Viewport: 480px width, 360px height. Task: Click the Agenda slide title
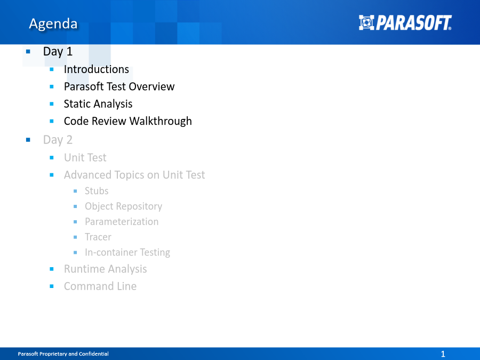53,24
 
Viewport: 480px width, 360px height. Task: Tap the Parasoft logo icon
366,22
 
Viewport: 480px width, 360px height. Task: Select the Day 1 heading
58,51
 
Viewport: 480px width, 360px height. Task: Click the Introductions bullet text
97,69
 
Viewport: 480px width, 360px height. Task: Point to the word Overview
151,86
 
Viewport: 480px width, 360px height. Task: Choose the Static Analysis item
98,104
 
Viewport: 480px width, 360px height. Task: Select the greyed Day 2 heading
58,140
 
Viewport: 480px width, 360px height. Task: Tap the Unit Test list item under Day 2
85,158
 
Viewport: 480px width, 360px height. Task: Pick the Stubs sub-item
97,191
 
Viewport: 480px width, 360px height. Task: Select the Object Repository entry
123,206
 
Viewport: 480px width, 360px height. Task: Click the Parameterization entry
122,222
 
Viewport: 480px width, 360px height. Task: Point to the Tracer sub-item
98,237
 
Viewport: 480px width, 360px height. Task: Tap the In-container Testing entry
127,253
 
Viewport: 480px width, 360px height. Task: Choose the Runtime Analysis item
105,269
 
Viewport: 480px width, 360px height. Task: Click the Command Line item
100,286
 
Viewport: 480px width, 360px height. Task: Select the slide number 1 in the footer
443,354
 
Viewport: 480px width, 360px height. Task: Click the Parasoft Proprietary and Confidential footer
63,354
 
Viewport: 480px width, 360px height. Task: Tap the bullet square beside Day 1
28,51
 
